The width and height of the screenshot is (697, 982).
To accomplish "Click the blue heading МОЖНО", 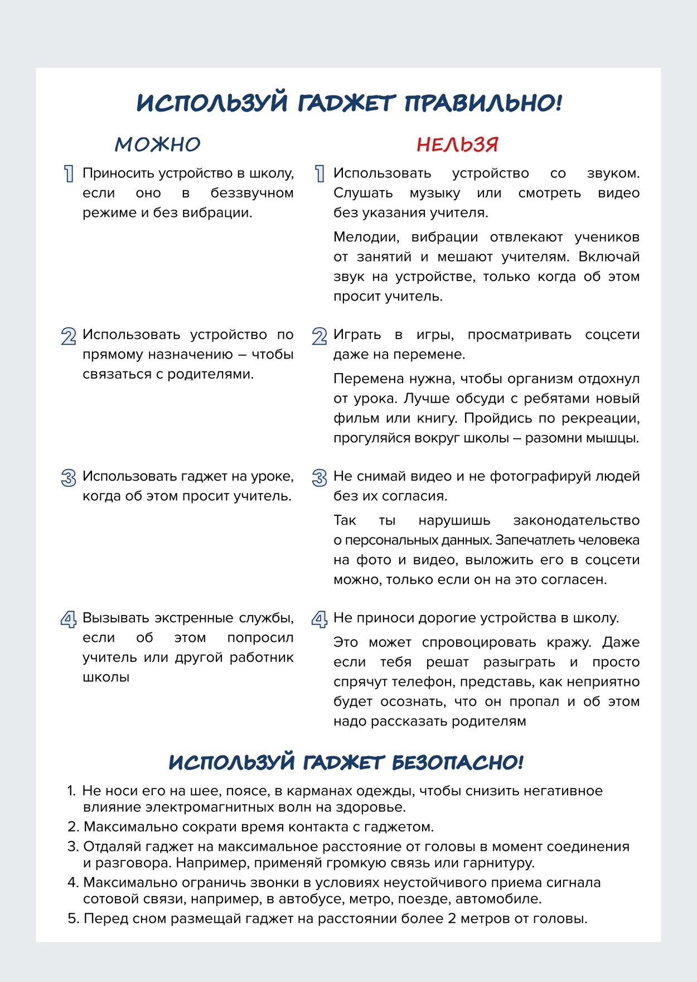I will pos(158,145).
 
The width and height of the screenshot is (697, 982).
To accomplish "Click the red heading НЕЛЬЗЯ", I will pos(457,145).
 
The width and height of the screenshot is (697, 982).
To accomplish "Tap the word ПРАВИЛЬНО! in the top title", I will pos(483,103).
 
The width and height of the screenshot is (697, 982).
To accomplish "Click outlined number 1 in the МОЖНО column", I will pos(69,174).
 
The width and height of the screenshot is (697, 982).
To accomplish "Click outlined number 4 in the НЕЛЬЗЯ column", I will pos(320,619).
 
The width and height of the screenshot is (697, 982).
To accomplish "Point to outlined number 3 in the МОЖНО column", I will pos(69,478).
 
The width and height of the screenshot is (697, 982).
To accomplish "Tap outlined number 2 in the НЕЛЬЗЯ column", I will pos(320,336).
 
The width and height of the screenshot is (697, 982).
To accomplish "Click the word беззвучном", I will pos(252,193).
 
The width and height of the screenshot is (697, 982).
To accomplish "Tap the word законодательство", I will pos(576,520).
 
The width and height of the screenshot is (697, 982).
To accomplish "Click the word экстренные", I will pos(193,618).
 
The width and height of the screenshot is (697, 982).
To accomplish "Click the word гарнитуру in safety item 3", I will pos(498,863).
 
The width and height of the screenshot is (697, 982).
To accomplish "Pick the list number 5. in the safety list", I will pos(74,918).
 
